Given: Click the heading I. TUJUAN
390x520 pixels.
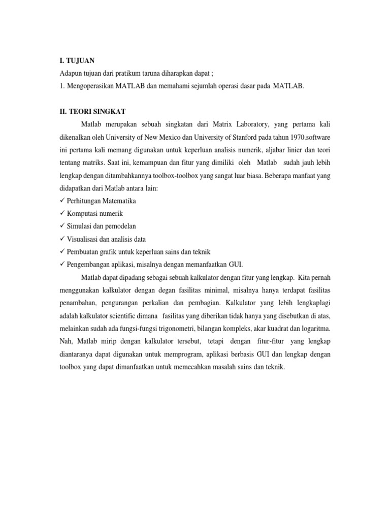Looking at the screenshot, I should (x=78, y=60).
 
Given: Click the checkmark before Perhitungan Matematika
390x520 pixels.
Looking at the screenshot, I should (x=62, y=201).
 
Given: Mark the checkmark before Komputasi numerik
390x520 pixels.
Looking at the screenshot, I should (x=62, y=213).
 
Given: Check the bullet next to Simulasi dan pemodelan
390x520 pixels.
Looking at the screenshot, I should (x=62, y=226).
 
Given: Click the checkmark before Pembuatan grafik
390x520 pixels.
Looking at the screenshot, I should (x=62, y=251).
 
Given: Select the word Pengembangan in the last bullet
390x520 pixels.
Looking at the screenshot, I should (x=89, y=264).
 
